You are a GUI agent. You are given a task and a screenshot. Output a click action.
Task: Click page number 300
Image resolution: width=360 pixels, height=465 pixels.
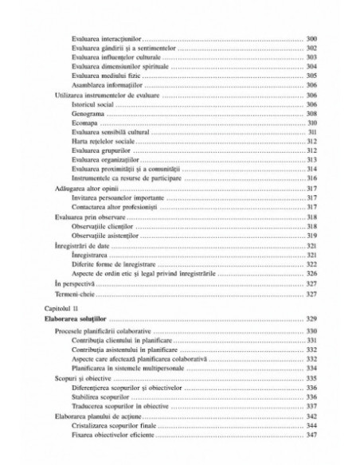tap(311, 39)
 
